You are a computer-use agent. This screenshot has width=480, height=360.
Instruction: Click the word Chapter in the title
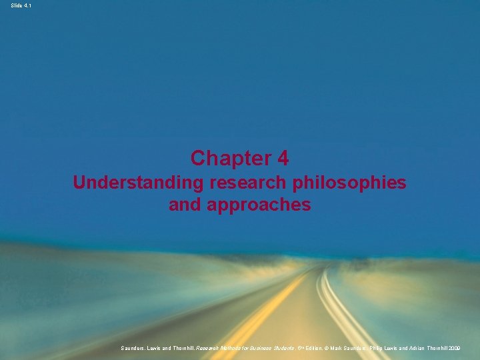point(226,159)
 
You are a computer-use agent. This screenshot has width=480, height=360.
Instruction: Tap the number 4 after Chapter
point(283,159)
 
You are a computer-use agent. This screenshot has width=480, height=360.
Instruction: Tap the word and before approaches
point(186,205)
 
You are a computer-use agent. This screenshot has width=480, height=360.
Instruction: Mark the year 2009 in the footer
point(467,348)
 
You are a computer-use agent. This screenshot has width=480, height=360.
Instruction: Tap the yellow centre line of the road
point(267,313)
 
